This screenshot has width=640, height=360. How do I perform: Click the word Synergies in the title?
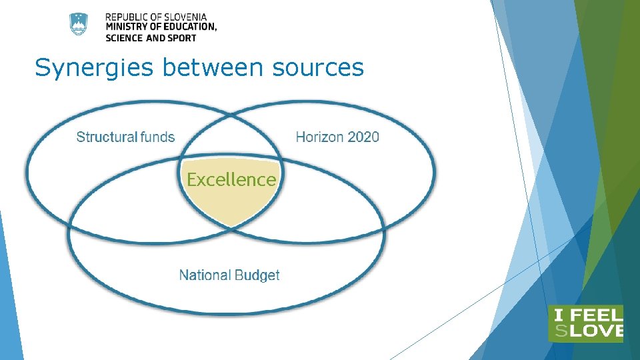(80, 68)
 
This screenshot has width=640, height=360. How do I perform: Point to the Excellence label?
(231, 179)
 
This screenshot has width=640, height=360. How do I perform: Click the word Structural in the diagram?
(107, 137)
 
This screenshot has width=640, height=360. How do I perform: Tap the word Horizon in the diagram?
(319, 137)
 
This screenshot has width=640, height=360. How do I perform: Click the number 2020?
(363, 137)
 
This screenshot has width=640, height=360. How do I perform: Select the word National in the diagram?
(205, 275)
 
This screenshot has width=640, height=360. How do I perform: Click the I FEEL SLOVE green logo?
(585, 323)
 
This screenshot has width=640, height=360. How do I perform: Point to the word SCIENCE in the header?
(124, 37)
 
